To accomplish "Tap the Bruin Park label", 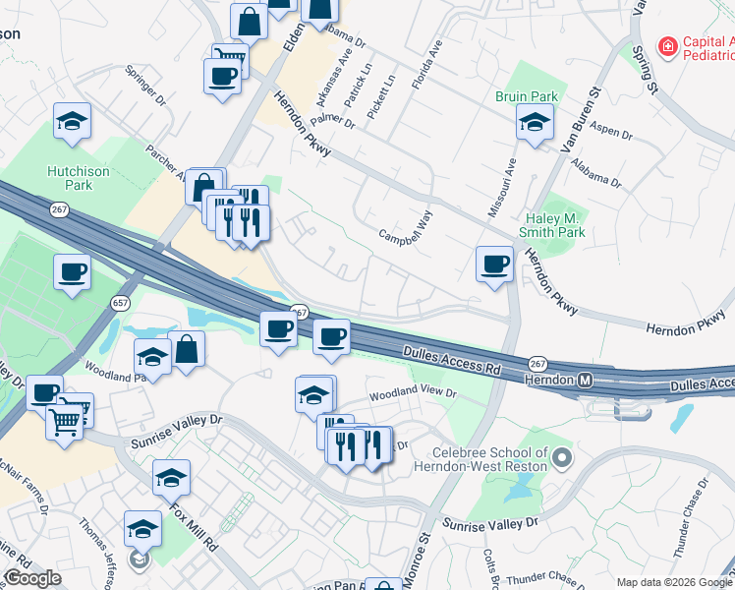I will tap(527, 96).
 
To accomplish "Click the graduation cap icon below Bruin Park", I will tap(535, 123).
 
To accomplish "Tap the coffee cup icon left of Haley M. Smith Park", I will tap(494, 264).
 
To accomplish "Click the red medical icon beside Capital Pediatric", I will tap(668, 46).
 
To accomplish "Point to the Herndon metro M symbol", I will tap(586, 380).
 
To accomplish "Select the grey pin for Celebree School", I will tap(561, 457).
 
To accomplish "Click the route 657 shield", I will tap(121, 303).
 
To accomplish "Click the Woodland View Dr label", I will tap(413, 393).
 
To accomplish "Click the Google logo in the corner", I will tap(32, 578).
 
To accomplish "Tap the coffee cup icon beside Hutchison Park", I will tap(72, 272).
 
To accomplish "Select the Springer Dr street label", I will tap(145, 86).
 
